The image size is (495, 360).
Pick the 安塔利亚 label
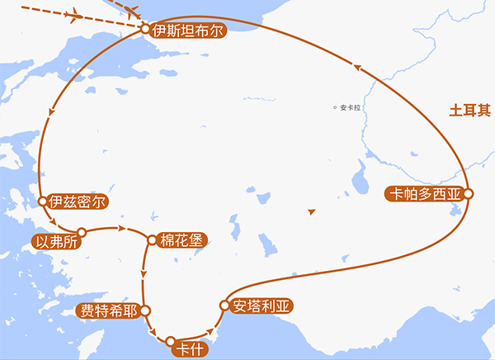coord(262,305)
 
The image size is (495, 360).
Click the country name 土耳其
coord(466,110)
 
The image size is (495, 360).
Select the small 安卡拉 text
coord(350,107)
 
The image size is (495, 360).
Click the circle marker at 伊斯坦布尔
coord(145,30)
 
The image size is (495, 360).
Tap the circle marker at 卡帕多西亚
coord(468,194)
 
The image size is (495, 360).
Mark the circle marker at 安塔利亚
coord(223,306)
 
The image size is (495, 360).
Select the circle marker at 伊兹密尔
coord(42,201)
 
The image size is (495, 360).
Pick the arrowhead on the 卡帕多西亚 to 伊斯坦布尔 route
coord(357,68)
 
